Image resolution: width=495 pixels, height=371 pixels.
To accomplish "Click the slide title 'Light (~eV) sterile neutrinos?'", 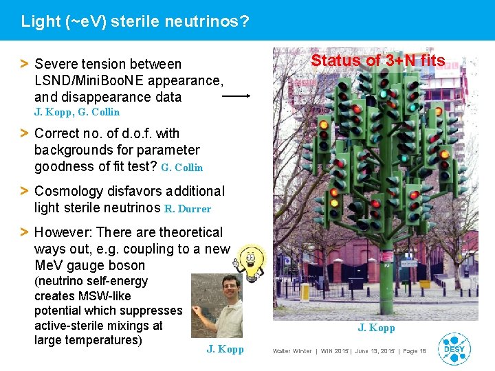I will [x=135, y=21].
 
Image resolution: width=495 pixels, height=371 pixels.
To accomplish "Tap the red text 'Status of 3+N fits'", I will [x=377, y=60].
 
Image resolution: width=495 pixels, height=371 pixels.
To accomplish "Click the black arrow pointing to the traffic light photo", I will [x=236, y=97].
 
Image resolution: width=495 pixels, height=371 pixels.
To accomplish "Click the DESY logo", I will [x=454, y=348].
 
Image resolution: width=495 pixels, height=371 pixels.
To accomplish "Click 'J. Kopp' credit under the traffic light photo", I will [x=376, y=328].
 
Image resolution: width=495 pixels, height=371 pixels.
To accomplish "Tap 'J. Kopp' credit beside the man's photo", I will [x=225, y=349].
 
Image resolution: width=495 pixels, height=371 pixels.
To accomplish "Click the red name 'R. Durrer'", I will [x=188, y=209].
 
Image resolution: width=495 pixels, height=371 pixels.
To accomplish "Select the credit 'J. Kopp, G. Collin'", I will [x=77, y=112].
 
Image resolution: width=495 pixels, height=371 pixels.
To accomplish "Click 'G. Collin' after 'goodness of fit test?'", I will [x=181, y=168].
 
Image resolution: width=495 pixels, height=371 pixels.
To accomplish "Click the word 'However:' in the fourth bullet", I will [x=61, y=232].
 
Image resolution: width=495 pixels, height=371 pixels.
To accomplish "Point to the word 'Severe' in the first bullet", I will [x=56, y=64].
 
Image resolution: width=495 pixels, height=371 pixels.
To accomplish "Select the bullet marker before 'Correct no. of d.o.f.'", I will [x=24, y=133].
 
